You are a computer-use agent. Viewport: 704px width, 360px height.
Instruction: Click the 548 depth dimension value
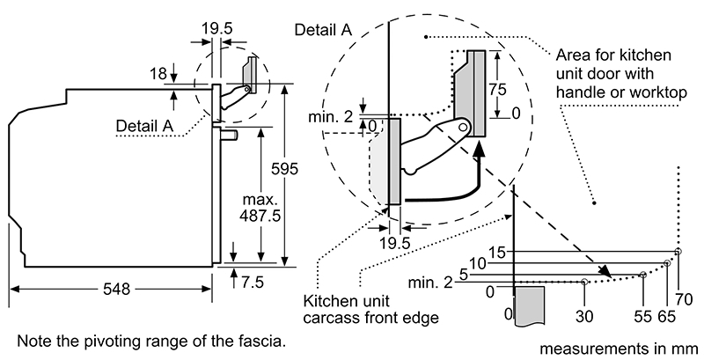click(x=117, y=289)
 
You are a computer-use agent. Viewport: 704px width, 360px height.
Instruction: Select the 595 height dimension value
click(x=284, y=169)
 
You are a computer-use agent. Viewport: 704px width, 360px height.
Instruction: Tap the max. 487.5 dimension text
click(x=260, y=208)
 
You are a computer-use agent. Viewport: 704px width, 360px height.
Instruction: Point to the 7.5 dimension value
click(x=253, y=283)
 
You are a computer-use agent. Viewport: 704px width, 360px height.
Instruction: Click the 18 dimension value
click(x=158, y=74)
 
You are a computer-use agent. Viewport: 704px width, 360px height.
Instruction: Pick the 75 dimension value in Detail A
click(x=497, y=89)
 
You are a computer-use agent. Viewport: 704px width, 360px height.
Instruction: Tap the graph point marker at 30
click(x=584, y=282)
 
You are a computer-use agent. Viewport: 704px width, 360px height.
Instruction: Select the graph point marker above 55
click(x=643, y=275)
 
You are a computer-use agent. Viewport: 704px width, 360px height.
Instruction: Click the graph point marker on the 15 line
click(x=678, y=252)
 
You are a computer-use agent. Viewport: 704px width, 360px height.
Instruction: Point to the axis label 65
click(x=667, y=317)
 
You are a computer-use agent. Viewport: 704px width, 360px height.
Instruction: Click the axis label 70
click(x=684, y=299)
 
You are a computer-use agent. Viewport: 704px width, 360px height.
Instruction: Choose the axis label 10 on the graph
click(x=478, y=263)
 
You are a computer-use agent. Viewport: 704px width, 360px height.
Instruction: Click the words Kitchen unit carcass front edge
click(x=370, y=309)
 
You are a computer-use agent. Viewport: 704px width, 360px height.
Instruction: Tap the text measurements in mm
click(x=619, y=349)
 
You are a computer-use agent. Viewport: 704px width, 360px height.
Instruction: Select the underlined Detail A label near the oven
click(x=144, y=126)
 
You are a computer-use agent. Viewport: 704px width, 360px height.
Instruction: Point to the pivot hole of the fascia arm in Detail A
click(x=463, y=127)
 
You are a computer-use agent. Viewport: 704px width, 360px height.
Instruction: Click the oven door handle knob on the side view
click(x=230, y=134)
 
